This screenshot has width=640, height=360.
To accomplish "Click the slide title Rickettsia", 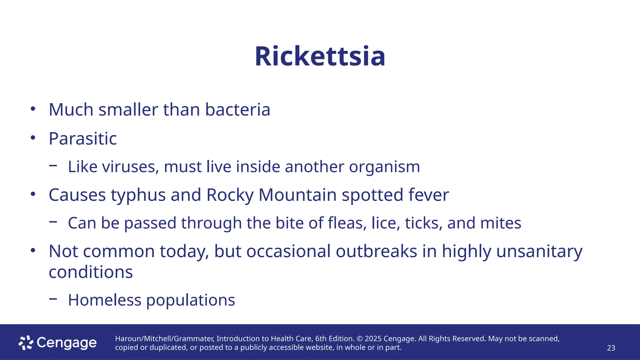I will (x=320, y=57).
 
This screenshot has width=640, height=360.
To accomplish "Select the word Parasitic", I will (x=83, y=138).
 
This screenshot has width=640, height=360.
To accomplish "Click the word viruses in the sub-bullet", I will (x=131, y=167).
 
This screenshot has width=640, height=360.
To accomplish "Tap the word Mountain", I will (x=297, y=195).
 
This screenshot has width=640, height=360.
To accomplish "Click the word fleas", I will (x=347, y=223).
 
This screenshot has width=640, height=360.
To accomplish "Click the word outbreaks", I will (x=377, y=251).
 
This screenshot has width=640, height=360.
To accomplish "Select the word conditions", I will (x=91, y=272).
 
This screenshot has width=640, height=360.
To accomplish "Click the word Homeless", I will (x=105, y=300).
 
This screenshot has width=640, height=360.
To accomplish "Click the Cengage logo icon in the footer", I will (x=26, y=343).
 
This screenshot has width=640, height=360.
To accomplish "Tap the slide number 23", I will (x=611, y=348).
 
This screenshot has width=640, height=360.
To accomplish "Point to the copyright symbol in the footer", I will (x=359, y=339).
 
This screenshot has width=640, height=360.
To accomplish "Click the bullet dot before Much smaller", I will (x=33, y=109).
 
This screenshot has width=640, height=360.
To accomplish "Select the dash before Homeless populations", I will (x=53, y=299).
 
